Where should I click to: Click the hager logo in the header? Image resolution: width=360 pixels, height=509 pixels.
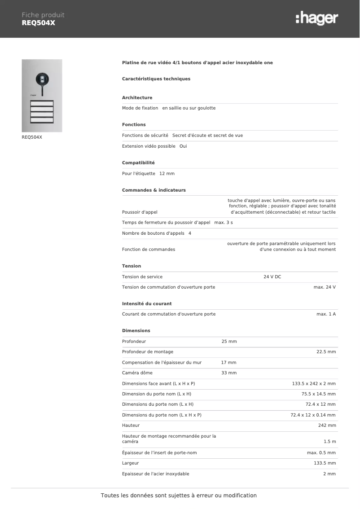point(316,18)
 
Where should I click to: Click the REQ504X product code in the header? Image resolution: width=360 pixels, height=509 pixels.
point(39,23)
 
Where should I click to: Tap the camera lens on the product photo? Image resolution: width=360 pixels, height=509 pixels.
point(42,79)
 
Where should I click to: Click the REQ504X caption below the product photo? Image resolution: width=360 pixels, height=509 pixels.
point(32,137)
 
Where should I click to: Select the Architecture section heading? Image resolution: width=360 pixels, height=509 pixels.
point(137,97)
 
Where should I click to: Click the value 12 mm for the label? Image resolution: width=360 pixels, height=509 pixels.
point(167,173)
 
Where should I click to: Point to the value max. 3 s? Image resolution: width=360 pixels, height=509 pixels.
point(224,222)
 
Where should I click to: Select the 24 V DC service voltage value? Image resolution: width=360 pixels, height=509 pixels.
point(272,276)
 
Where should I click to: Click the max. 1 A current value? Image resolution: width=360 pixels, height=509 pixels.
point(326,314)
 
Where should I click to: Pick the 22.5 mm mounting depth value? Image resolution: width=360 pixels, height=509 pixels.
point(326,351)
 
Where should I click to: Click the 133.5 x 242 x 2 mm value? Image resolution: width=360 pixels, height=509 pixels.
point(314,383)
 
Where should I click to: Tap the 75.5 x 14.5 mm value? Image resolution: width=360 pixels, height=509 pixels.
point(318,394)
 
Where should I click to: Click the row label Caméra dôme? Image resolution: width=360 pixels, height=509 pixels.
point(137,373)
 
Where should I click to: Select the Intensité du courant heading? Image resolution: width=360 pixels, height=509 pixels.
point(147,303)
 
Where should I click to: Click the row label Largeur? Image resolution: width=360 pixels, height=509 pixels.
point(130,463)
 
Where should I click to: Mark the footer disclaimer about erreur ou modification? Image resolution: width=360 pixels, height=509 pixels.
point(179,496)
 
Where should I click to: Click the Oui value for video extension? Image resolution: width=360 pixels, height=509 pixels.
point(183,146)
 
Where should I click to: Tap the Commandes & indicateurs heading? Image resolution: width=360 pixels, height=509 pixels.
point(154,190)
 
